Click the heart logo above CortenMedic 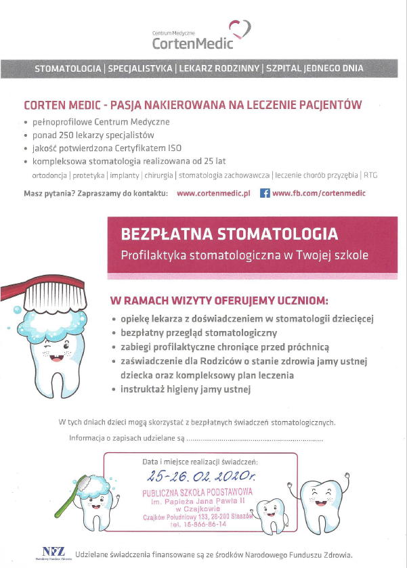coord(240,29)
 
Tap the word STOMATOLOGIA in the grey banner coord(68,68)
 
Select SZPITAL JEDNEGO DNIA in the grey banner coord(315,68)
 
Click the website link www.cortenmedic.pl coord(213,193)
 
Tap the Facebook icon coord(265,193)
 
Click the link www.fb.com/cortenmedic coord(318,193)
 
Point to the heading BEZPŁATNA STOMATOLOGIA coord(229,234)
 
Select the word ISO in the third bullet coord(175,148)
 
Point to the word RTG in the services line coord(370,175)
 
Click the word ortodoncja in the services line coord(49,175)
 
